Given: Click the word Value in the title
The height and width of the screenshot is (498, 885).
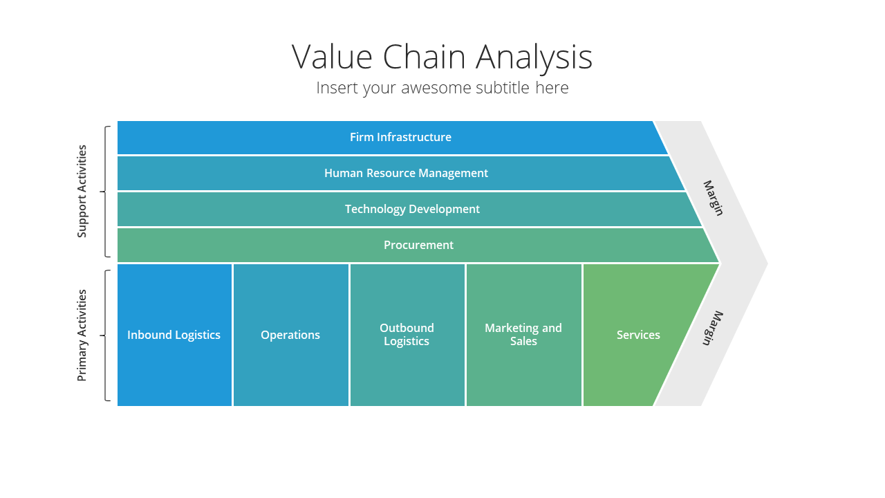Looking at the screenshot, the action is point(332,57).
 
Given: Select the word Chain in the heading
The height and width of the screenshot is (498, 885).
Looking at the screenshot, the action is point(424,57).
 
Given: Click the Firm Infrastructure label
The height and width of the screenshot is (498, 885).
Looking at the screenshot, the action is point(400,137).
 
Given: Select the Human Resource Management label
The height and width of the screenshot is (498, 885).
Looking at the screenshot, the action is point(406,173).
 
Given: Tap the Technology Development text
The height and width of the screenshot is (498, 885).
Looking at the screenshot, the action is point(412,209).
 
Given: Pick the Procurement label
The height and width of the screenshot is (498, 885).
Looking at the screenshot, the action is point(418,245).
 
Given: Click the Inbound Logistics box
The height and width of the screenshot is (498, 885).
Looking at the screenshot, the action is point(174,335).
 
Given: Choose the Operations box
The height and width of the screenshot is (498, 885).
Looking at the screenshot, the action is point(291,335).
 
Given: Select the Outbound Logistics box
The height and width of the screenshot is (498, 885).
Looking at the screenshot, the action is point(407,335).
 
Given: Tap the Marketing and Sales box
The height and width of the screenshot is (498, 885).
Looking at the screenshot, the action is point(524,335).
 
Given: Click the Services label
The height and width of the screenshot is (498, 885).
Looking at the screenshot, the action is point(638,335).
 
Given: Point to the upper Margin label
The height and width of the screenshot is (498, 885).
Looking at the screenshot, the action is point(714,198).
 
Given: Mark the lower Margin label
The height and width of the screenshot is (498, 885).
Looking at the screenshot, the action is point(713,329).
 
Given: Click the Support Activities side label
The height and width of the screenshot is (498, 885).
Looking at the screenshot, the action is point(82,192).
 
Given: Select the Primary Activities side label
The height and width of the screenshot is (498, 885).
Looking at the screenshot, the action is point(82,335).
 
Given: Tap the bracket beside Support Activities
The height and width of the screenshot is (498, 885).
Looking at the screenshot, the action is point(105,192).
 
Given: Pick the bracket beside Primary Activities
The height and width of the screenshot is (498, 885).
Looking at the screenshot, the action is point(105,335).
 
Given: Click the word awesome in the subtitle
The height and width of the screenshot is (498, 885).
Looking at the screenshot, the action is point(436,87).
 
